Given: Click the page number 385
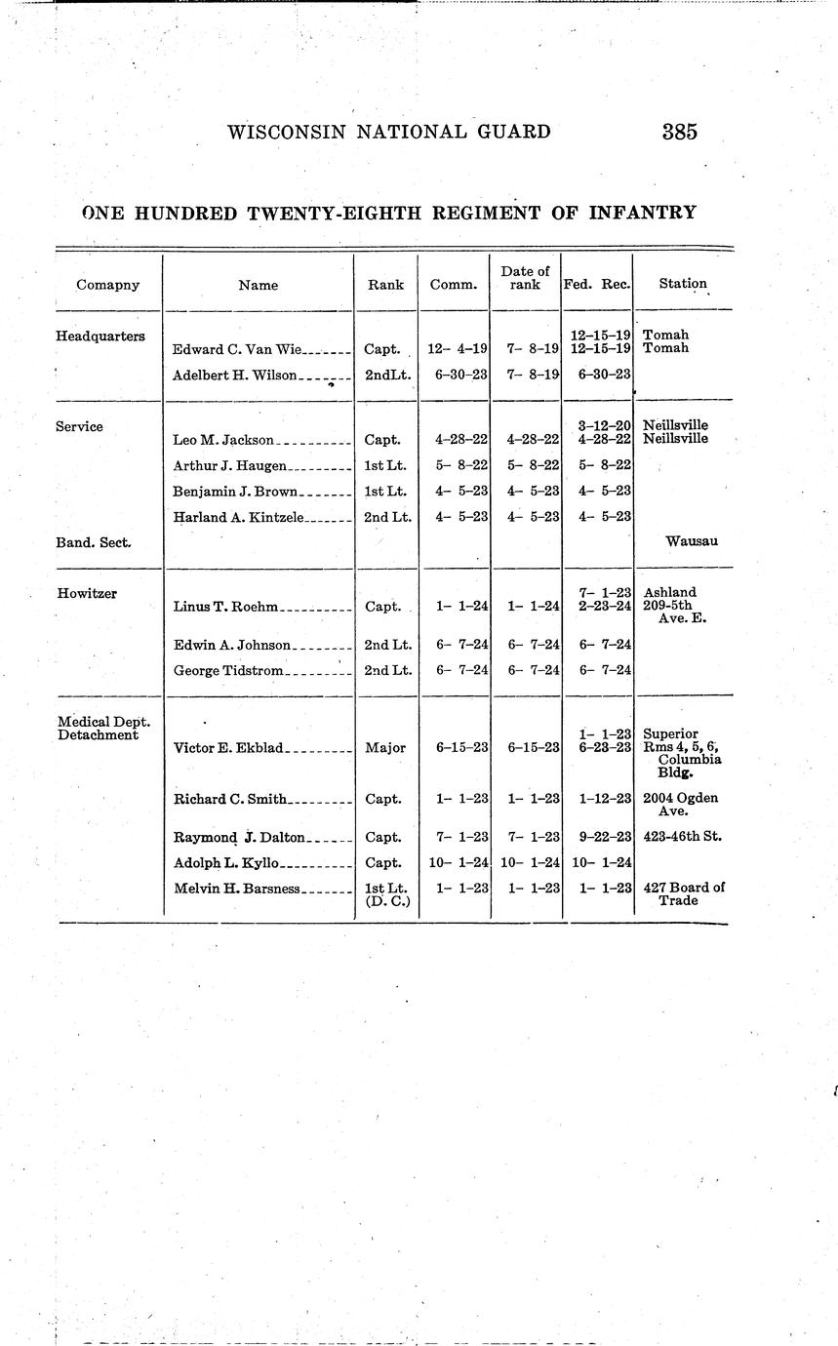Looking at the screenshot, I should coord(679,132).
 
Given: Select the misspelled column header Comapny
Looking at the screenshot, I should coord(108,285).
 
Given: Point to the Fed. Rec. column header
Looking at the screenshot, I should coord(597,284).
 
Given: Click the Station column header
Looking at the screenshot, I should coord(682,284).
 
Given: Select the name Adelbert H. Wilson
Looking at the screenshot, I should coord(234,375).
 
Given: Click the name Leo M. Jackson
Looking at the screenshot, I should coord(223,440).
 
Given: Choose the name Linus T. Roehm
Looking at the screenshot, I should coord(226,607).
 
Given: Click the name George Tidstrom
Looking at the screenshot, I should coord(228,670).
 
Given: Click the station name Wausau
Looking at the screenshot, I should coord(691,540).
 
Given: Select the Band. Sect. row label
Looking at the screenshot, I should coord(94,541).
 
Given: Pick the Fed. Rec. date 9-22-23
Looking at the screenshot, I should coord(600,837).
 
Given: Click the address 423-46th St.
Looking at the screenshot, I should coord(683,837).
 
